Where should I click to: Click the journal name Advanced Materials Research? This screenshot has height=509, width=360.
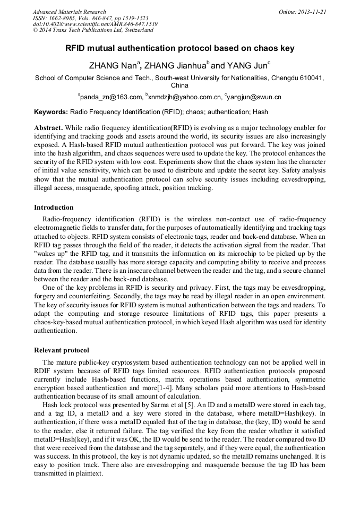point(69,12)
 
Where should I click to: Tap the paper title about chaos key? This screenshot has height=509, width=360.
point(179,48)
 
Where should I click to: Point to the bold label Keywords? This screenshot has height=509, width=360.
point(51,113)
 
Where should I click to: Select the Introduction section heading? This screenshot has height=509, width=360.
point(54,208)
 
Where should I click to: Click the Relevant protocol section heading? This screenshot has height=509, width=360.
point(62,350)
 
